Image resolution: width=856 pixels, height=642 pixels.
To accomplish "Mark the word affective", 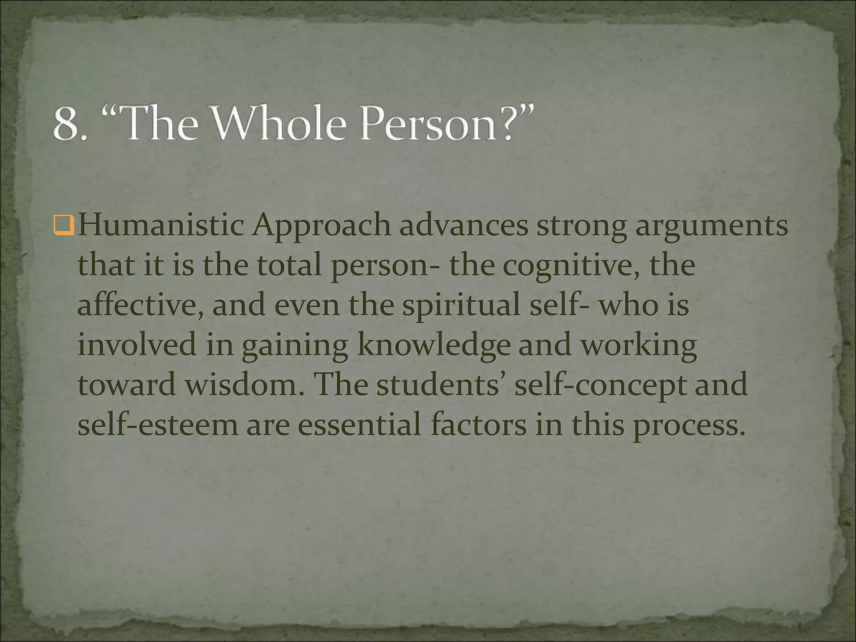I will point(140,305).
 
